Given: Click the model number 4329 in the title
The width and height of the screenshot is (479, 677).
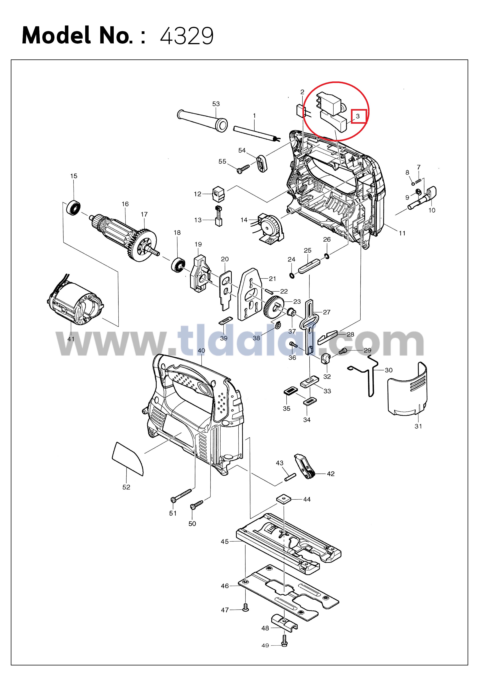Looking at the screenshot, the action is tap(187, 36).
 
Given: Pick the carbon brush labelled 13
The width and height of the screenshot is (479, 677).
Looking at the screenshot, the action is tap(218, 216).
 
